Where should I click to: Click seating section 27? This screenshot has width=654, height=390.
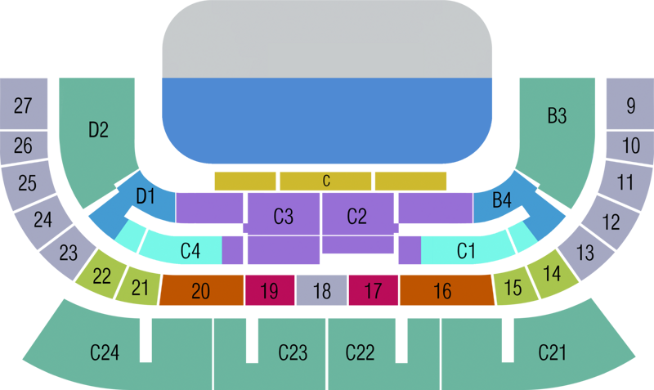(x=24, y=104)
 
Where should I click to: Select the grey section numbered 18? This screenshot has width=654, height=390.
(x=321, y=290)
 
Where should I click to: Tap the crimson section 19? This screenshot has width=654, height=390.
(x=270, y=290)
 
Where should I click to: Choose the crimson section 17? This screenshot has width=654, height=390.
(x=374, y=290)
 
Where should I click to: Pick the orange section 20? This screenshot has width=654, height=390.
(x=201, y=290)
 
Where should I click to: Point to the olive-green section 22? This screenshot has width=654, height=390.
(x=101, y=275)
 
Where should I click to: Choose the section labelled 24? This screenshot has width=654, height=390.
(x=43, y=220)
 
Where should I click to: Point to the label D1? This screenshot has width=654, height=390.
(x=146, y=196)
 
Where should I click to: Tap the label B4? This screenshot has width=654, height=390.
(x=501, y=199)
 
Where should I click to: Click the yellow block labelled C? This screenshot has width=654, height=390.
(x=325, y=181)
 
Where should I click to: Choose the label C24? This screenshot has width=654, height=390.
(x=105, y=352)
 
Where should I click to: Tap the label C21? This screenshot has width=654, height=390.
(x=553, y=352)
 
